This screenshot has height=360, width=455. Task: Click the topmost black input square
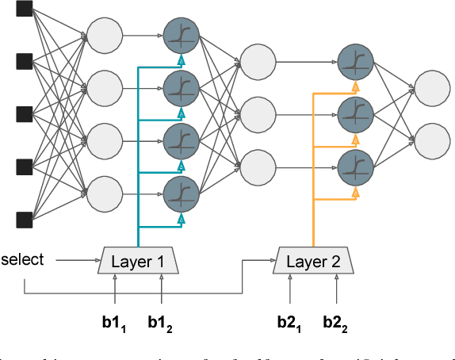click(x=25, y=10)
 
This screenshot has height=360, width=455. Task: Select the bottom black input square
click(x=25, y=218)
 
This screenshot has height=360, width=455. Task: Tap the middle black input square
click(x=25, y=113)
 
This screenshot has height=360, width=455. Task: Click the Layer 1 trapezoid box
click(x=139, y=259)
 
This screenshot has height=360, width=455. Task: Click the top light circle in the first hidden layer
click(x=104, y=35)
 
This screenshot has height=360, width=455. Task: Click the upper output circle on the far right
click(x=430, y=86)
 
